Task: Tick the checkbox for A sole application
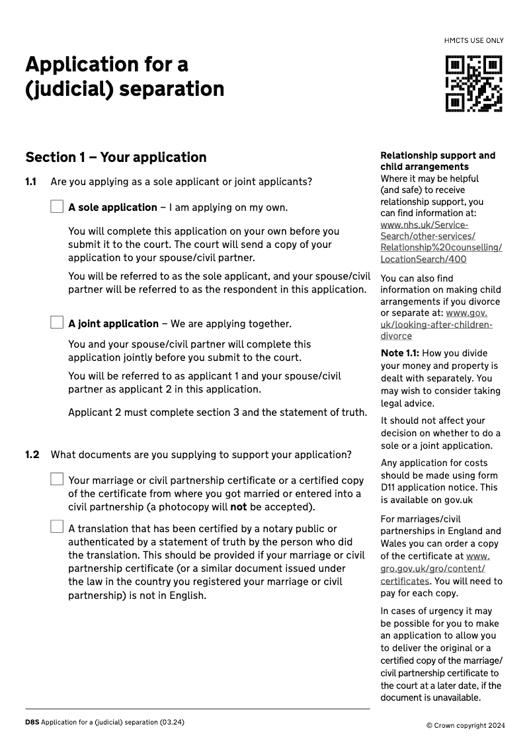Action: coord(57,207)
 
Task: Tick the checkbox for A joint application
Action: coord(57,323)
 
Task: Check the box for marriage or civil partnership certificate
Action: coord(57,479)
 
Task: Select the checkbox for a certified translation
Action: coord(57,527)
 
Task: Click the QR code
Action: coord(473,83)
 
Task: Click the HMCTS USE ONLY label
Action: coord(473,41)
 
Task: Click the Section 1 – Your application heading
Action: coord(116,157)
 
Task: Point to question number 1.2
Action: coord(32,455)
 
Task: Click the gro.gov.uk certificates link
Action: coord(433,569)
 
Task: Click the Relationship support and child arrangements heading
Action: coord(437,161)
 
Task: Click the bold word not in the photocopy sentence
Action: coord(238,508)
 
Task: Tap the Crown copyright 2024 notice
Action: coord(466,725)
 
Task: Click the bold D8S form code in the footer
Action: coord(32,722)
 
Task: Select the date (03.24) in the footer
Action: coord(171,722)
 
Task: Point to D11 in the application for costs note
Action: coord(388,487)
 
